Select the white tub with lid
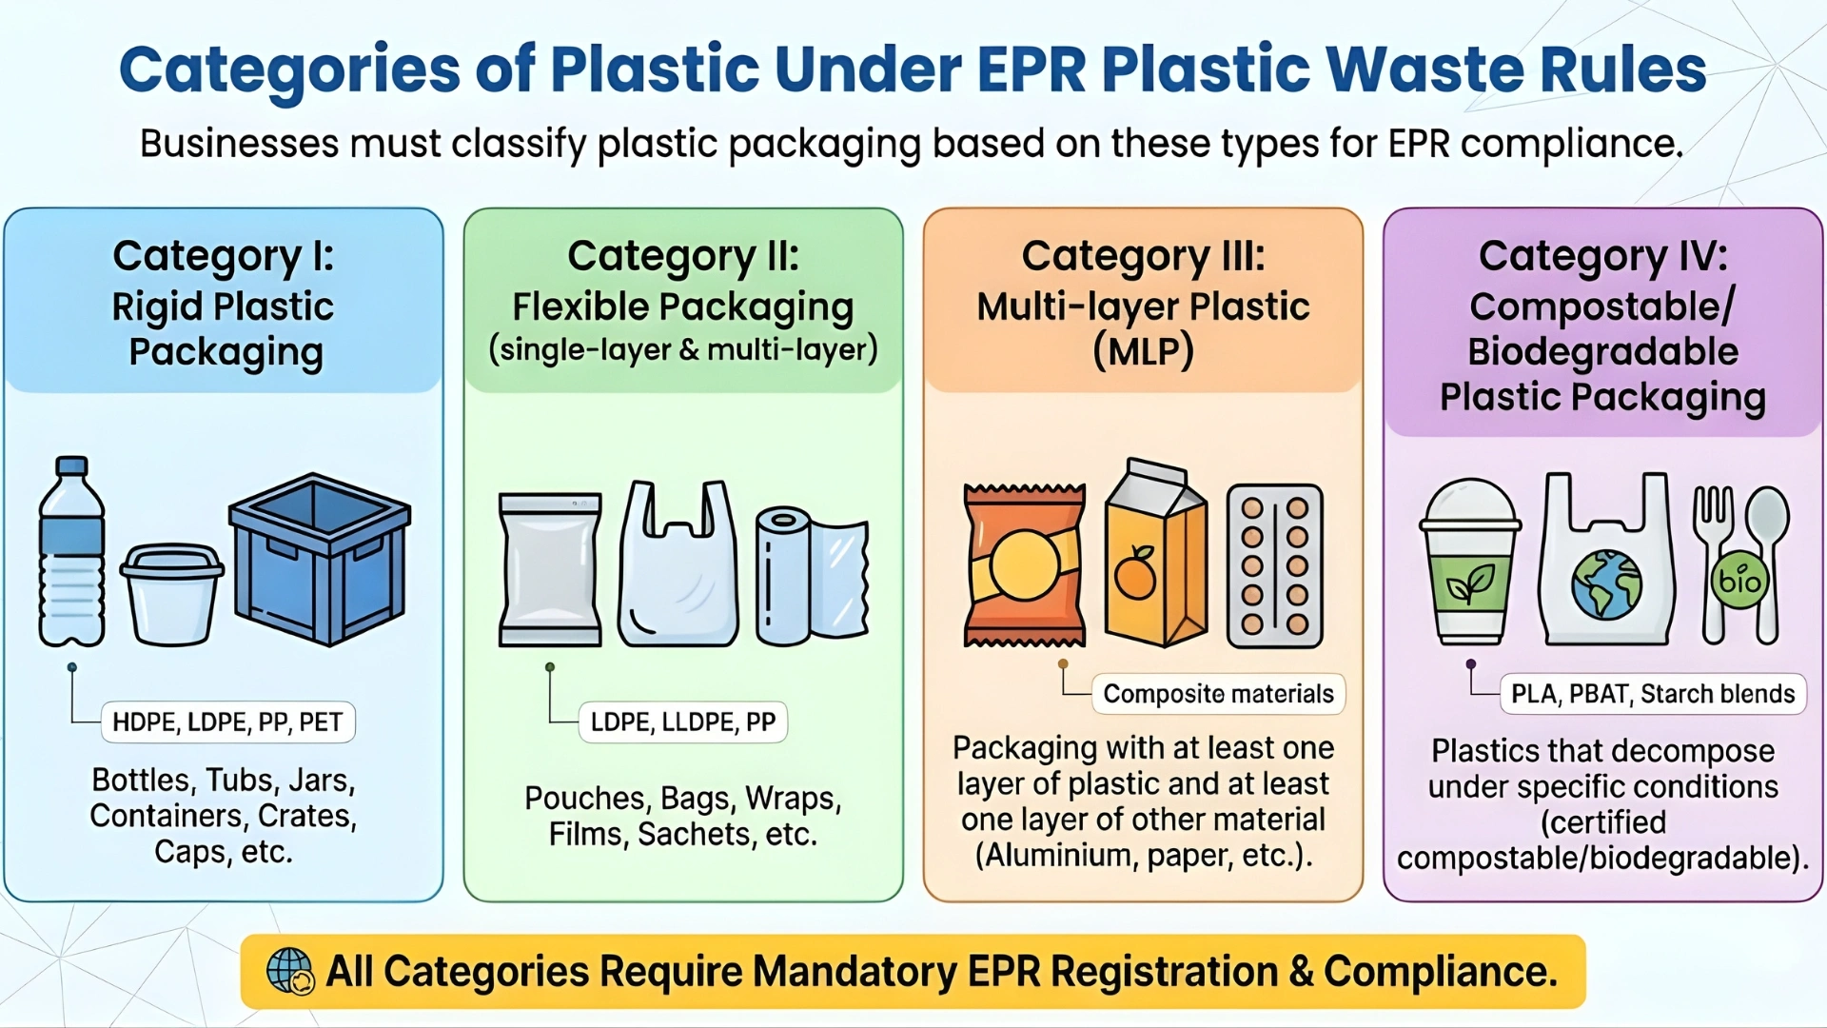click(x=172, y=593)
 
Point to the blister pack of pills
click(x=1274, y=565)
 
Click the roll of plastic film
click(x=811, y=575)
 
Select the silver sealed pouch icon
click(x=550, y=569)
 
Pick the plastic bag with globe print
click(x=1606, y=562)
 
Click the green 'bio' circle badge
click(x=1739, y=579)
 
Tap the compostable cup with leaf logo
click(x=1469, y=562)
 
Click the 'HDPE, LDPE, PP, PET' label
click(x=227, y=722)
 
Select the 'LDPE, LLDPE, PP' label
click(x=682, y=722)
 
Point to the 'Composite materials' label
click(x=1218, y=694)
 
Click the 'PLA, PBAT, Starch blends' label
click(x=1653, y=694)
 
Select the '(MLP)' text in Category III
click(x=1143, y=351)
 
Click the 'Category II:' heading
click(x=682, y=256)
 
